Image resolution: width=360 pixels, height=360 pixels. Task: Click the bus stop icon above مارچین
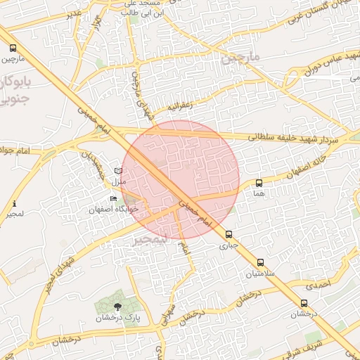pyautogui.click(x=13, y=49)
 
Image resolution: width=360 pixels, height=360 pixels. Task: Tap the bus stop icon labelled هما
pyautogui.click(x=259, y=183)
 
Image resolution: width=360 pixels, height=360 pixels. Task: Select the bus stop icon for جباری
pyautogui.click(x=229, y=234)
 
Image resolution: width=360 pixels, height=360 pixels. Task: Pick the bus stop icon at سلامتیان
pyautogui.click(x=262, y=262)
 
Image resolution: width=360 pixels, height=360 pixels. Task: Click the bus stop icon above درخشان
pyautogui.click(x=304, y=303)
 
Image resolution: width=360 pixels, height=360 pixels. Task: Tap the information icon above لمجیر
pyautogui.click(x=15, y=204)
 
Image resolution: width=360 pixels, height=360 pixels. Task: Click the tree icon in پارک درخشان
pyautogui.click(x=117, y=306)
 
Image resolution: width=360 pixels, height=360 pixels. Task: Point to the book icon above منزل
pyautogui.click(x=118, y=171)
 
